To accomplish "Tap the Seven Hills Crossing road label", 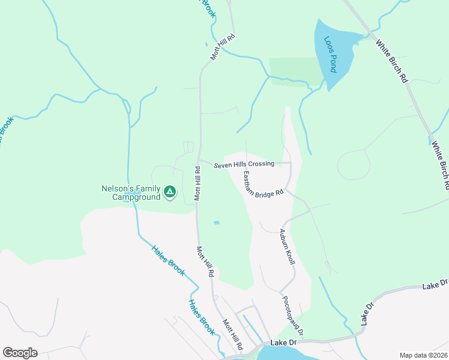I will click(244, 164).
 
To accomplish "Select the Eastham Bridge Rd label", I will click(262, 185).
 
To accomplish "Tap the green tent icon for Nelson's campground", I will click(170, 191).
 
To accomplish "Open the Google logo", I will click(20, 353).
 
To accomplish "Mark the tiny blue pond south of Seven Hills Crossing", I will click(216, 223).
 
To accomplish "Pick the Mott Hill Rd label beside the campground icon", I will click(196, 184).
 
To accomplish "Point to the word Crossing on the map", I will click(261, 164).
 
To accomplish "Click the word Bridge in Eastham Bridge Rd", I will click(264, 187).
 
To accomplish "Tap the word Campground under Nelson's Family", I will click(137, 197).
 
